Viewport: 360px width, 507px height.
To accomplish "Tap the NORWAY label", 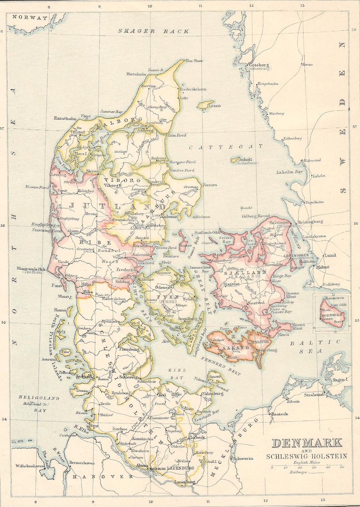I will [x=30, y=18].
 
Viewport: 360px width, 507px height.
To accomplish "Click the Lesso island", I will [x=206, y=105].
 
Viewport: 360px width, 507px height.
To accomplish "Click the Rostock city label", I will [x=279, y=414].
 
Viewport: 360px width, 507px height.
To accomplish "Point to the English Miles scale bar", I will [x=307, y=466].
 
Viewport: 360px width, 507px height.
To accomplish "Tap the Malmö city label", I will [x=323, y=267].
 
